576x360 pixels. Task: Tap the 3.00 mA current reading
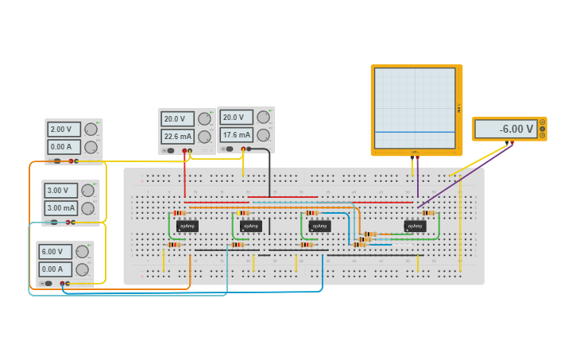coord(60,208)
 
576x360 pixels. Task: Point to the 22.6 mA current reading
coord(176,137)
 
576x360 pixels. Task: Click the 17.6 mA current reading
coord(236,135)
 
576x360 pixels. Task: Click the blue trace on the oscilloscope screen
coord(415,132)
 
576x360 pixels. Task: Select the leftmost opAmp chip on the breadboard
coord(187,226)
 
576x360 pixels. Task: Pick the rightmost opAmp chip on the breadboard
coord(415,226)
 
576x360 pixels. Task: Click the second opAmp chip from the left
coord(251,226)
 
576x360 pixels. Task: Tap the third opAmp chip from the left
coord(319,226)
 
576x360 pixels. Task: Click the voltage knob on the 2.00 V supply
coord(91,129)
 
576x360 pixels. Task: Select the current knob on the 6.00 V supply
coord(82,269)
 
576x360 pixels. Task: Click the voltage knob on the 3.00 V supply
coord(88,191)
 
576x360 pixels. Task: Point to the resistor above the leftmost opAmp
coord(179,213)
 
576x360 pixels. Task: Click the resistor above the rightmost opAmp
coord(428,213)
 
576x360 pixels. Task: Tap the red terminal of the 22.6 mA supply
coord(184,150)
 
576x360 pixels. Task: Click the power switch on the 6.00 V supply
coord(48,283)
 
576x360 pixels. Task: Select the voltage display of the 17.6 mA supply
coord(236,118)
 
